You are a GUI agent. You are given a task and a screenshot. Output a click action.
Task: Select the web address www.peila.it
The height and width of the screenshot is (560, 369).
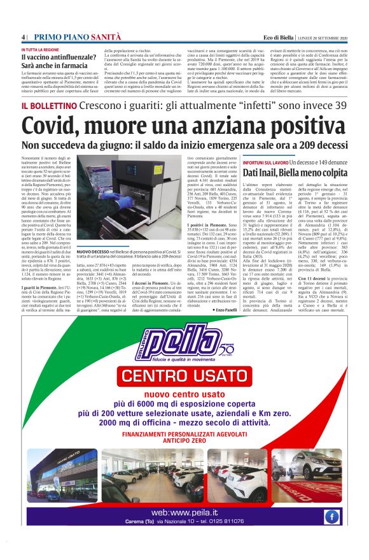point(184,512)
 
